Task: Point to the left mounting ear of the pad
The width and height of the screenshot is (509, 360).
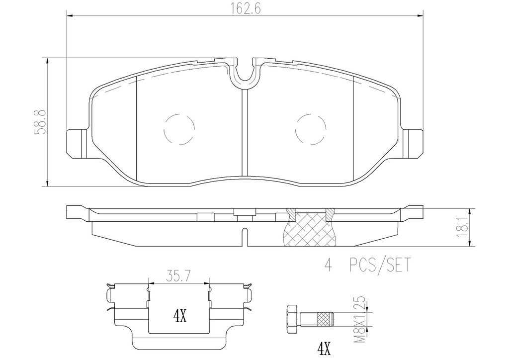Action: click(77, 143)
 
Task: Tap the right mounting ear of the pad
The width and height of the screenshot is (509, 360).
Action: click(412, 143)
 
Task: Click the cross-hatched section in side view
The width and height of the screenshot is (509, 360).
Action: click(309, 230)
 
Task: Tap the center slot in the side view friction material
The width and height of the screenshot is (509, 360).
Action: click(244, 237)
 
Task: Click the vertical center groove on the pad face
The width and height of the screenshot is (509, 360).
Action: click(244, 134)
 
